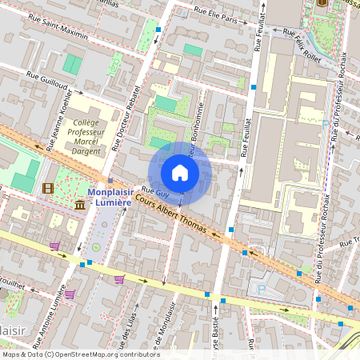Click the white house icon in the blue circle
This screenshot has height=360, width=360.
(180, 173)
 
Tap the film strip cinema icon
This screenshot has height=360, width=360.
(48, 189)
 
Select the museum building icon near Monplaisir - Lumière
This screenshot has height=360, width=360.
(80, 206)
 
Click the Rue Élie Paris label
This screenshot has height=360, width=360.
(217, 14)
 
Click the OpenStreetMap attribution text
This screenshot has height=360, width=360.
(80, 354)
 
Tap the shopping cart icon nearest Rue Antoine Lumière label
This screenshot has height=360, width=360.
(70, 294)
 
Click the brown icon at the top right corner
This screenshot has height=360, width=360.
(322, 2)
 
